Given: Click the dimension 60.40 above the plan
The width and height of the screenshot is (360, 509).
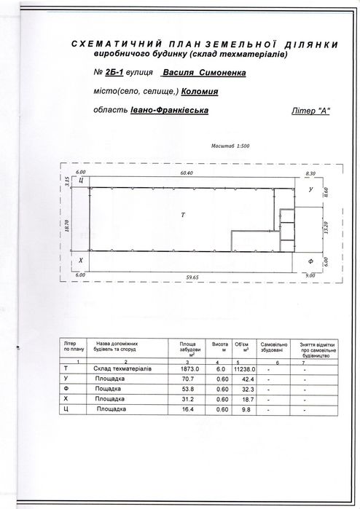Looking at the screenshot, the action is coord(182,174).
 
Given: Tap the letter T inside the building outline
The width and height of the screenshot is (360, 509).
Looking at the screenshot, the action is coord(184,216).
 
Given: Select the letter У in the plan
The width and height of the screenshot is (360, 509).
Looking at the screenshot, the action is coord(311,190).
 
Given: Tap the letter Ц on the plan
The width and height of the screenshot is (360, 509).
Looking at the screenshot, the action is coord(82,179).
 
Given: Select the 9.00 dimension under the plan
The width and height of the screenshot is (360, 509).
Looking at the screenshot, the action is coord(311,275).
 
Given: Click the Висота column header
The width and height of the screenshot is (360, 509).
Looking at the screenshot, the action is coord(216,343).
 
